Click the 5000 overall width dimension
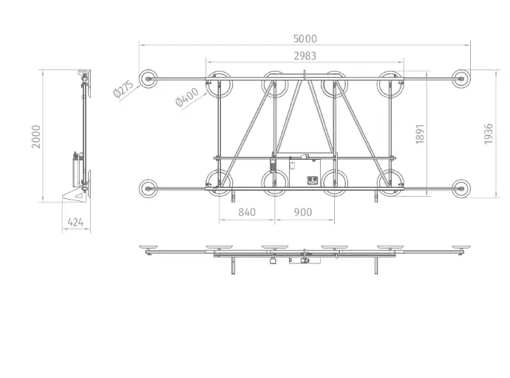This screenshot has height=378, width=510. (x=305, y=38)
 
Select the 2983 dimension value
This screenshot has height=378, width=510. (x=305, y=56)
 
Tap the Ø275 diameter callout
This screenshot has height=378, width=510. (x=123, y=89)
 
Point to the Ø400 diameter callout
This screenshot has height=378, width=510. (x=187, y=97)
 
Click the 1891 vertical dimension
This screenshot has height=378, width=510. (x=420, y=134)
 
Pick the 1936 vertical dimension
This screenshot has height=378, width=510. (x=489, y=134)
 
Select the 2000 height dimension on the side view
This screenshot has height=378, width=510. (x=35, y=136)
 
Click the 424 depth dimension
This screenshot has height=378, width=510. (x=75, y=223)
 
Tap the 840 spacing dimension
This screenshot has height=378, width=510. (x=247, y=212)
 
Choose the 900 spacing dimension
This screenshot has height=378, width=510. (x=303, y=212)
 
